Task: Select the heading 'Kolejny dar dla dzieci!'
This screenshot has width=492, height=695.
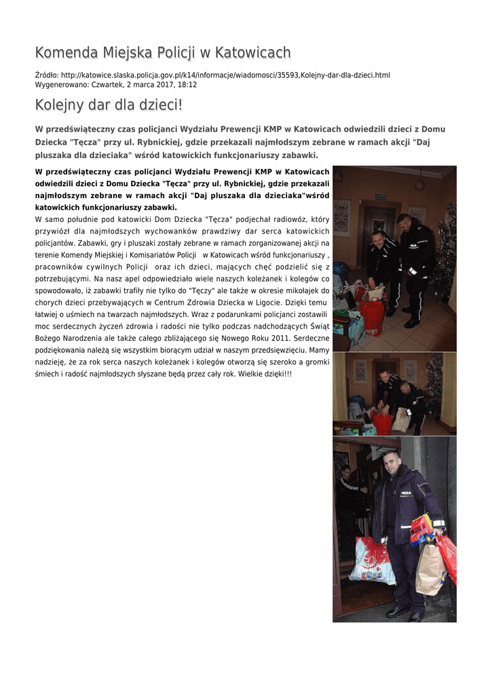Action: [109, 106]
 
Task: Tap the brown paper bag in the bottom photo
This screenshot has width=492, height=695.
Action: [430, 569]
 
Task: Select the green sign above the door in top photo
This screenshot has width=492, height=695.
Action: [382, 197]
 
